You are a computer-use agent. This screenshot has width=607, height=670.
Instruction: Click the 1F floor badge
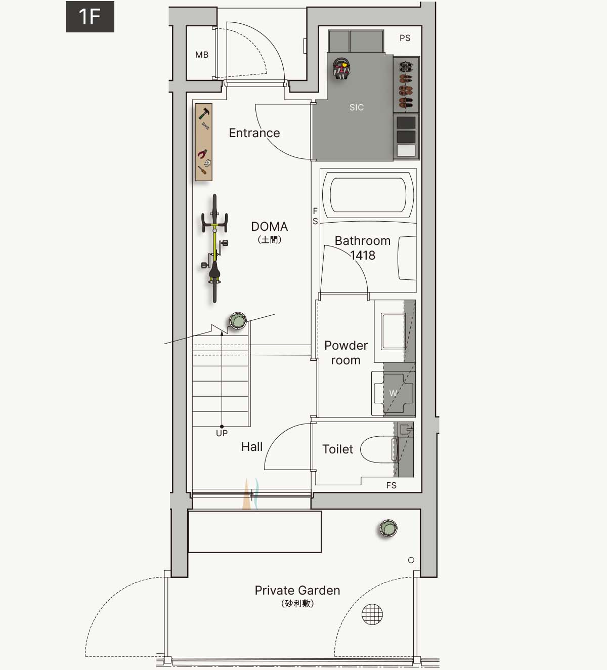(90, 17)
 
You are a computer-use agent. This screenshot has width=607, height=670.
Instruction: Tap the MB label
(202, 55)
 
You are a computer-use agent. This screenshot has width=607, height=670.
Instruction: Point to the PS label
(405, 38)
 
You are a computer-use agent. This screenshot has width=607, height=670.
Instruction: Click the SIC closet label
(357, 107)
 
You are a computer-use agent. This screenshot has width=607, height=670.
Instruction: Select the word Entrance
(254, 133)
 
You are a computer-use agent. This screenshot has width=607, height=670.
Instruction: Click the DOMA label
(270, 226)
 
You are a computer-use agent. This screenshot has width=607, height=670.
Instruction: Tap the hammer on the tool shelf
(204, 113)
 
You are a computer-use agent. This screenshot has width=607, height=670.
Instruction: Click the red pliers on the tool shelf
(202, 154)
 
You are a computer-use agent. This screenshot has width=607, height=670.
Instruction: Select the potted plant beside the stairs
(238, 321)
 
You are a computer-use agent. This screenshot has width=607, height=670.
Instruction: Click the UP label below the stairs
(222, 433)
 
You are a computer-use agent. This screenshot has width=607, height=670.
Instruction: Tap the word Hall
(252, 446)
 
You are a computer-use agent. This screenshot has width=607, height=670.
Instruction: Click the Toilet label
(337, 449)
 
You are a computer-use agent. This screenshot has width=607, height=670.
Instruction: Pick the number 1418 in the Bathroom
(363, 256)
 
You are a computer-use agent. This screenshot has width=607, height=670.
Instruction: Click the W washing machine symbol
(394, 393)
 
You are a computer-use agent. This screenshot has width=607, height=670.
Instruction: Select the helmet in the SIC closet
(341, 68)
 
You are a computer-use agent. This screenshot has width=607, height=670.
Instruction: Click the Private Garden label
(297, 591)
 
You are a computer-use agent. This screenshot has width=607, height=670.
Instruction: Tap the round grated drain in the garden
(372, 614)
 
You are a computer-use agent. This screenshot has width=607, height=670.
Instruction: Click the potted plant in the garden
(388, 528)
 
